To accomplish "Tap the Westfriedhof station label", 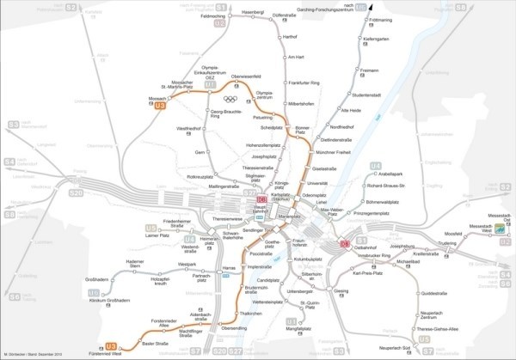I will (x=188, y=128).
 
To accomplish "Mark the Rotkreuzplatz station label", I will (x=199, y=175).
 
